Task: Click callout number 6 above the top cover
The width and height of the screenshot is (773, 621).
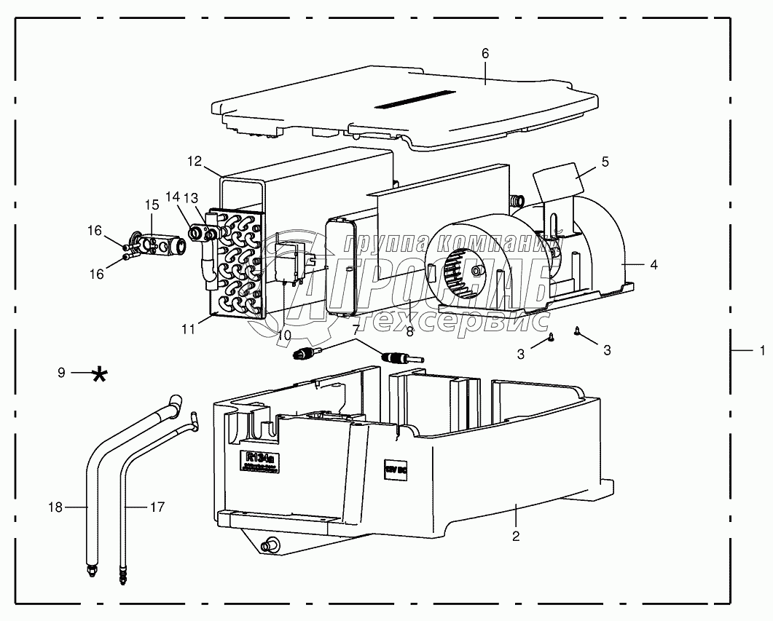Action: tap(485, 54)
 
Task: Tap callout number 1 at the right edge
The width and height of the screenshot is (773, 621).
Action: tap(761, 350)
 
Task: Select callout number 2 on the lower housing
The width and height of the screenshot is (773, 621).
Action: tap(516, 537)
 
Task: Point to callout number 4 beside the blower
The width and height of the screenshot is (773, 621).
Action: tap(654, 265)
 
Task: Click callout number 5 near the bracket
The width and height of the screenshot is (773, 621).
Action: tap(605, 162)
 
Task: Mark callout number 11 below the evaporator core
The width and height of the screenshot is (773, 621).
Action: tap(188, 329)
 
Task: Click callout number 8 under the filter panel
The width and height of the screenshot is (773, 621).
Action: tap(410, 331)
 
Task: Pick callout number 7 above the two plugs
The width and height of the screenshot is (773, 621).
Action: tap(356, 331)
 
